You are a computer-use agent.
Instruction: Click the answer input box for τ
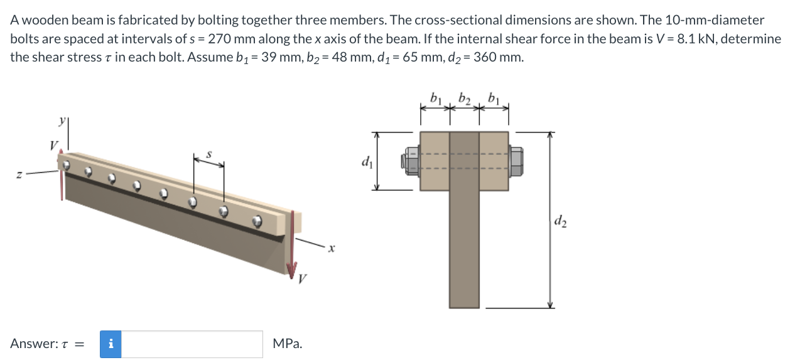pyautogui.click(x=192, y=344)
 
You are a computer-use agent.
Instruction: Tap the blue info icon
pyautogui.click(x=111, y=344)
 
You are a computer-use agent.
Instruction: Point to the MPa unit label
pyautogui.click(x=287, y=344)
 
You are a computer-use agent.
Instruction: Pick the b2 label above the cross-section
pyautogui.click(x=465, y=98)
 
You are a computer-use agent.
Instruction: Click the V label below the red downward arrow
pyautogui.click(x=303, y=279)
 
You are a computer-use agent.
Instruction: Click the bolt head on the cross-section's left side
pyautogui.click(x=410, y=161)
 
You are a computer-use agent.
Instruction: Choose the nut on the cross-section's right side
pyautogui.click(x=516, y=161)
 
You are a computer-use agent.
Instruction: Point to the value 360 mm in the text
pyautogui.click(x=497, y=58)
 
